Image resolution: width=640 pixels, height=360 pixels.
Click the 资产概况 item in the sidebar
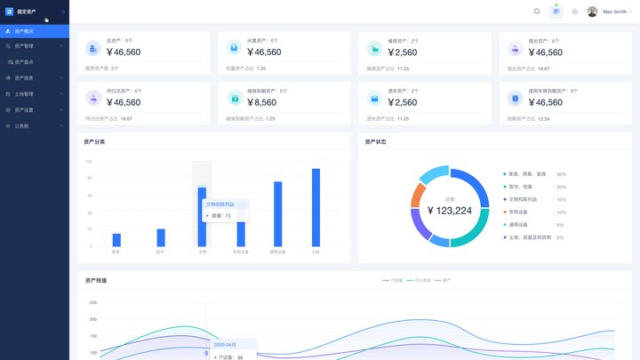[25, 31]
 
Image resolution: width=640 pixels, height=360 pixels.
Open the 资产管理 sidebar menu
[25, 45]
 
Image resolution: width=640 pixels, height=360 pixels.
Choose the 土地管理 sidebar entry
[25, 93]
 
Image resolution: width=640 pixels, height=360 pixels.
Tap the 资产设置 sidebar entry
[25, 110]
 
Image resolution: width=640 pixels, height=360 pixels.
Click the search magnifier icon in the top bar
[537, 12]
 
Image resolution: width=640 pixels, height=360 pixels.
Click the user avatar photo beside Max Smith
[593, 12]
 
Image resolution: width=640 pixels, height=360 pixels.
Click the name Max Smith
[614, 12]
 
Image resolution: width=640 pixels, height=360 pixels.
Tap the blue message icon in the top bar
[556, 12]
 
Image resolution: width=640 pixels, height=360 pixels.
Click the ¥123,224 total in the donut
[450, 211]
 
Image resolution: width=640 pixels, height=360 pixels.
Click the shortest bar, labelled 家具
[116, 240]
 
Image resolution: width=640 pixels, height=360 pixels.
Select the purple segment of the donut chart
[419, 230]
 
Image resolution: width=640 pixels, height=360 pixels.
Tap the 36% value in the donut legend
[561, 174]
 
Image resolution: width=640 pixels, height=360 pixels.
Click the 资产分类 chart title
[94, 141]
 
